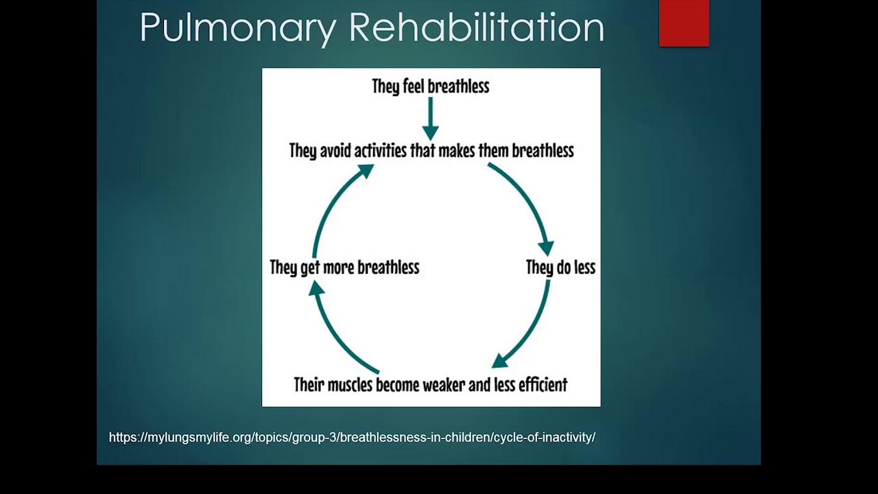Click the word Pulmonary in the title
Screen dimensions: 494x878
[x=237, y=27]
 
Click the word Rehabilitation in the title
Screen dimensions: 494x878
[x=476, y=27]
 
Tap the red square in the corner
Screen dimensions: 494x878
[x=684, y=23]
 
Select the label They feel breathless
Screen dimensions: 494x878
[x=430, y=86]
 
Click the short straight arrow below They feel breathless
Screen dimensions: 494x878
[x=430, y=118]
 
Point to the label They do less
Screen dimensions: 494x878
[x=560, y=268]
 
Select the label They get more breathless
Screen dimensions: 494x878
[x=344, y=268]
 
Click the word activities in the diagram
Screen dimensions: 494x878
[x=380, y=150]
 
